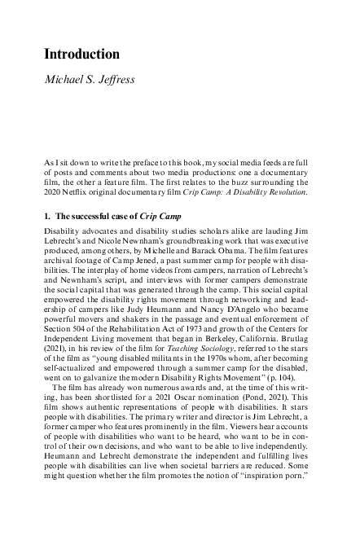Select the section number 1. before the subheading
click(x=48, y=217)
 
